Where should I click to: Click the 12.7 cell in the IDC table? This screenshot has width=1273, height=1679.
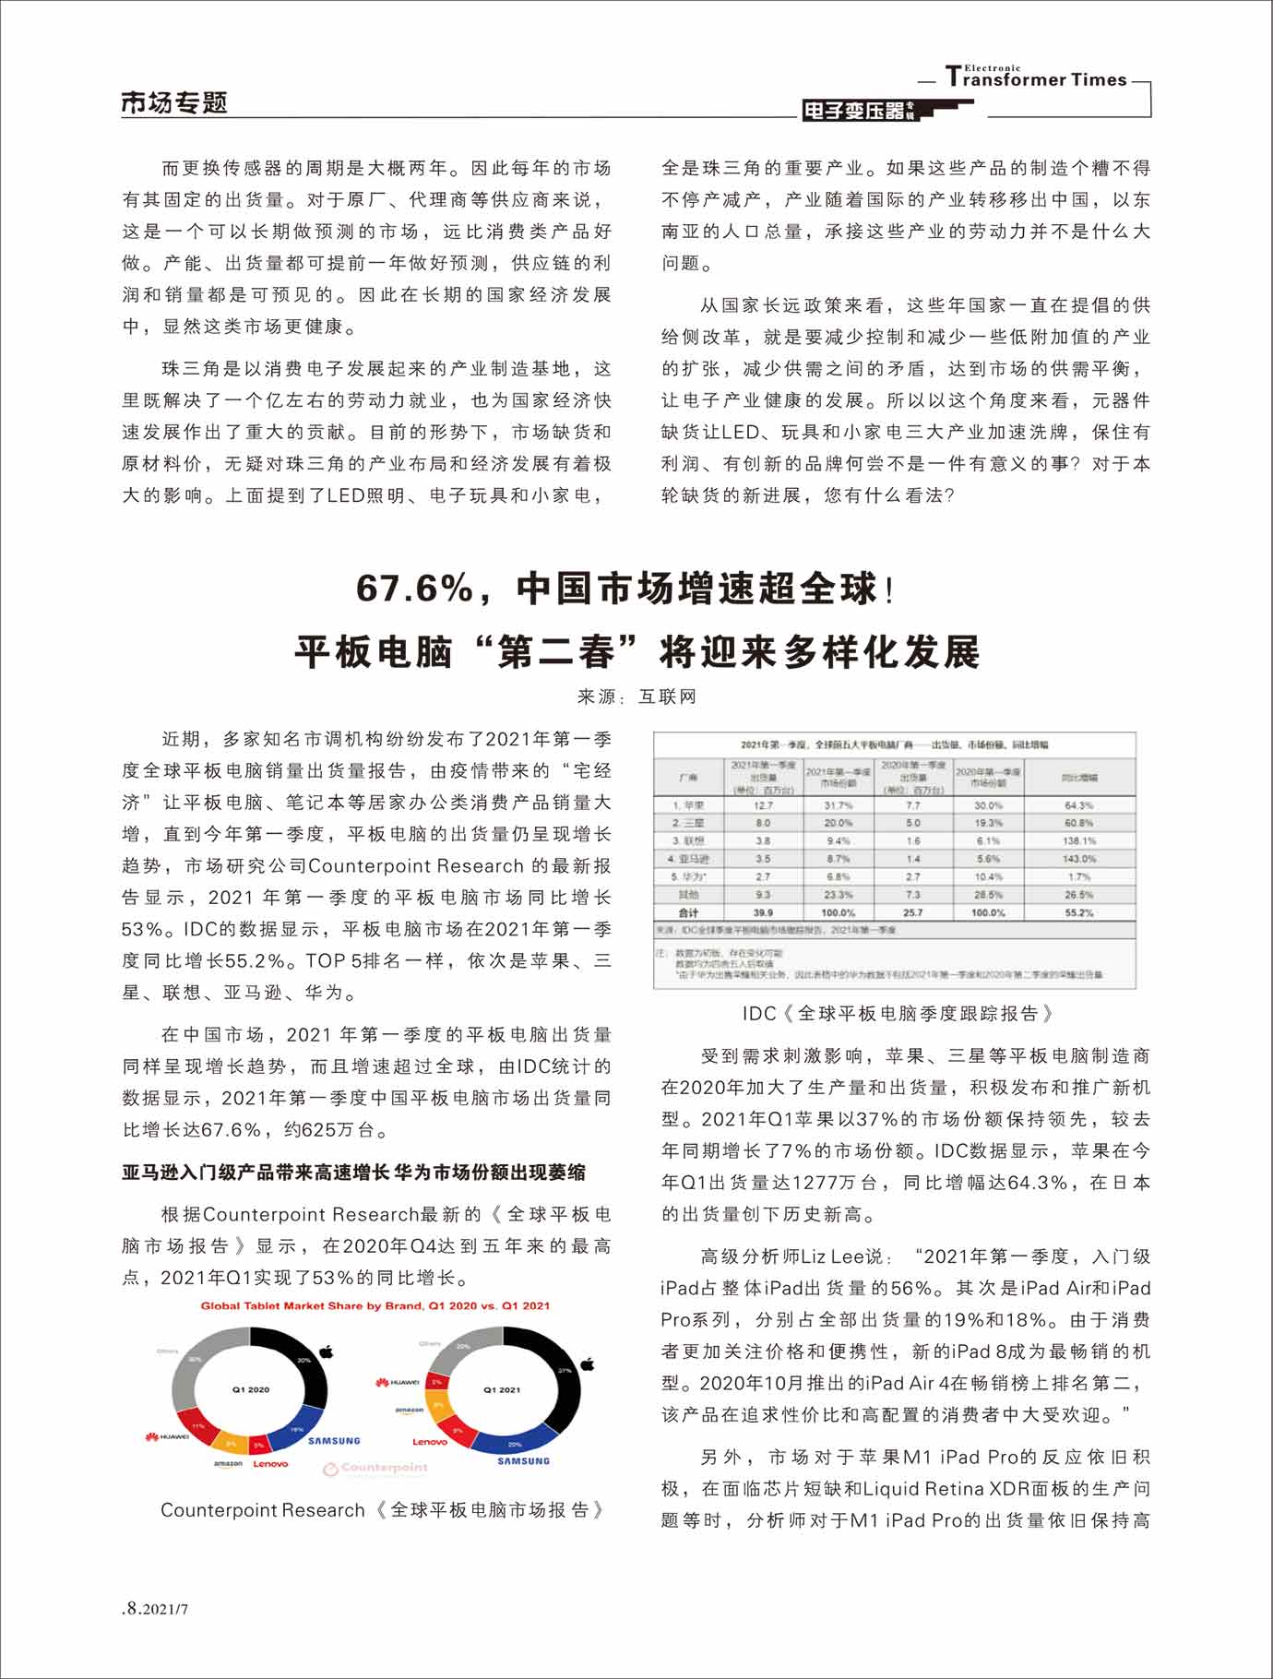763,805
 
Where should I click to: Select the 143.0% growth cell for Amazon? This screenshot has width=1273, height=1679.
1078,859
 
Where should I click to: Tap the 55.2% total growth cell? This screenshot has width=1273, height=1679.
1078,912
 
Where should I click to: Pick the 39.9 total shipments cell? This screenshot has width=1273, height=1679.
763,912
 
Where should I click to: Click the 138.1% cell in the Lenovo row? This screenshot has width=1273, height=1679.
1078,841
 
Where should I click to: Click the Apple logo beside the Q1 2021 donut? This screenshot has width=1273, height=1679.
588,1363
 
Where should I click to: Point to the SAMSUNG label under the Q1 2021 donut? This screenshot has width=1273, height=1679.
523,1461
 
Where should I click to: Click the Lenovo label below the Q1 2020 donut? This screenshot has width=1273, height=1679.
270,1464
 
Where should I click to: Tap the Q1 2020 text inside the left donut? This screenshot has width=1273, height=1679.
251,1389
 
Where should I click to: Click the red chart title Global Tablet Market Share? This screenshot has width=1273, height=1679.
375,1305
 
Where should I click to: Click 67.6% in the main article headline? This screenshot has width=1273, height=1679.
415,589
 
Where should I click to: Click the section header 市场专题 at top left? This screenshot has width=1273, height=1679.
174,102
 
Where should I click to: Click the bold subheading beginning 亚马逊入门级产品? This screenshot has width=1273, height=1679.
353,1173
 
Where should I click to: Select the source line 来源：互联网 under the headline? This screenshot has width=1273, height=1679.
636,697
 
